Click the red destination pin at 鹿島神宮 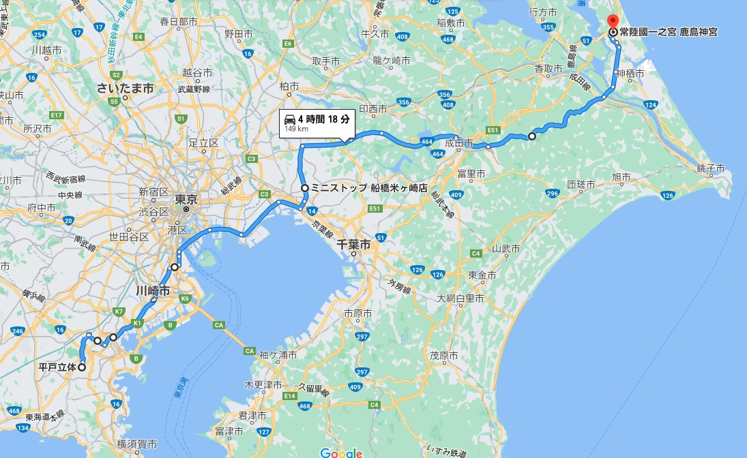pyautogui.click(x=612, y=21)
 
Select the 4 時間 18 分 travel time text pyautogui.click(x=324, y=119)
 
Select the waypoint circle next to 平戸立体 pyautogui.click(x=82, y=367)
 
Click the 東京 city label pyautogui.click(x=186, y=200)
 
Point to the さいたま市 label pyautogui.click(x=125, y=89)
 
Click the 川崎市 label pyautogui.click(x=152, y=290)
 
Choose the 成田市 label pyautogui.click(x=459, y=144)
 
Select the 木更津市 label pyautogui.click(x=263, y=385)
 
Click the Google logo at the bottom pyautogui.click(x=340, y=453)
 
